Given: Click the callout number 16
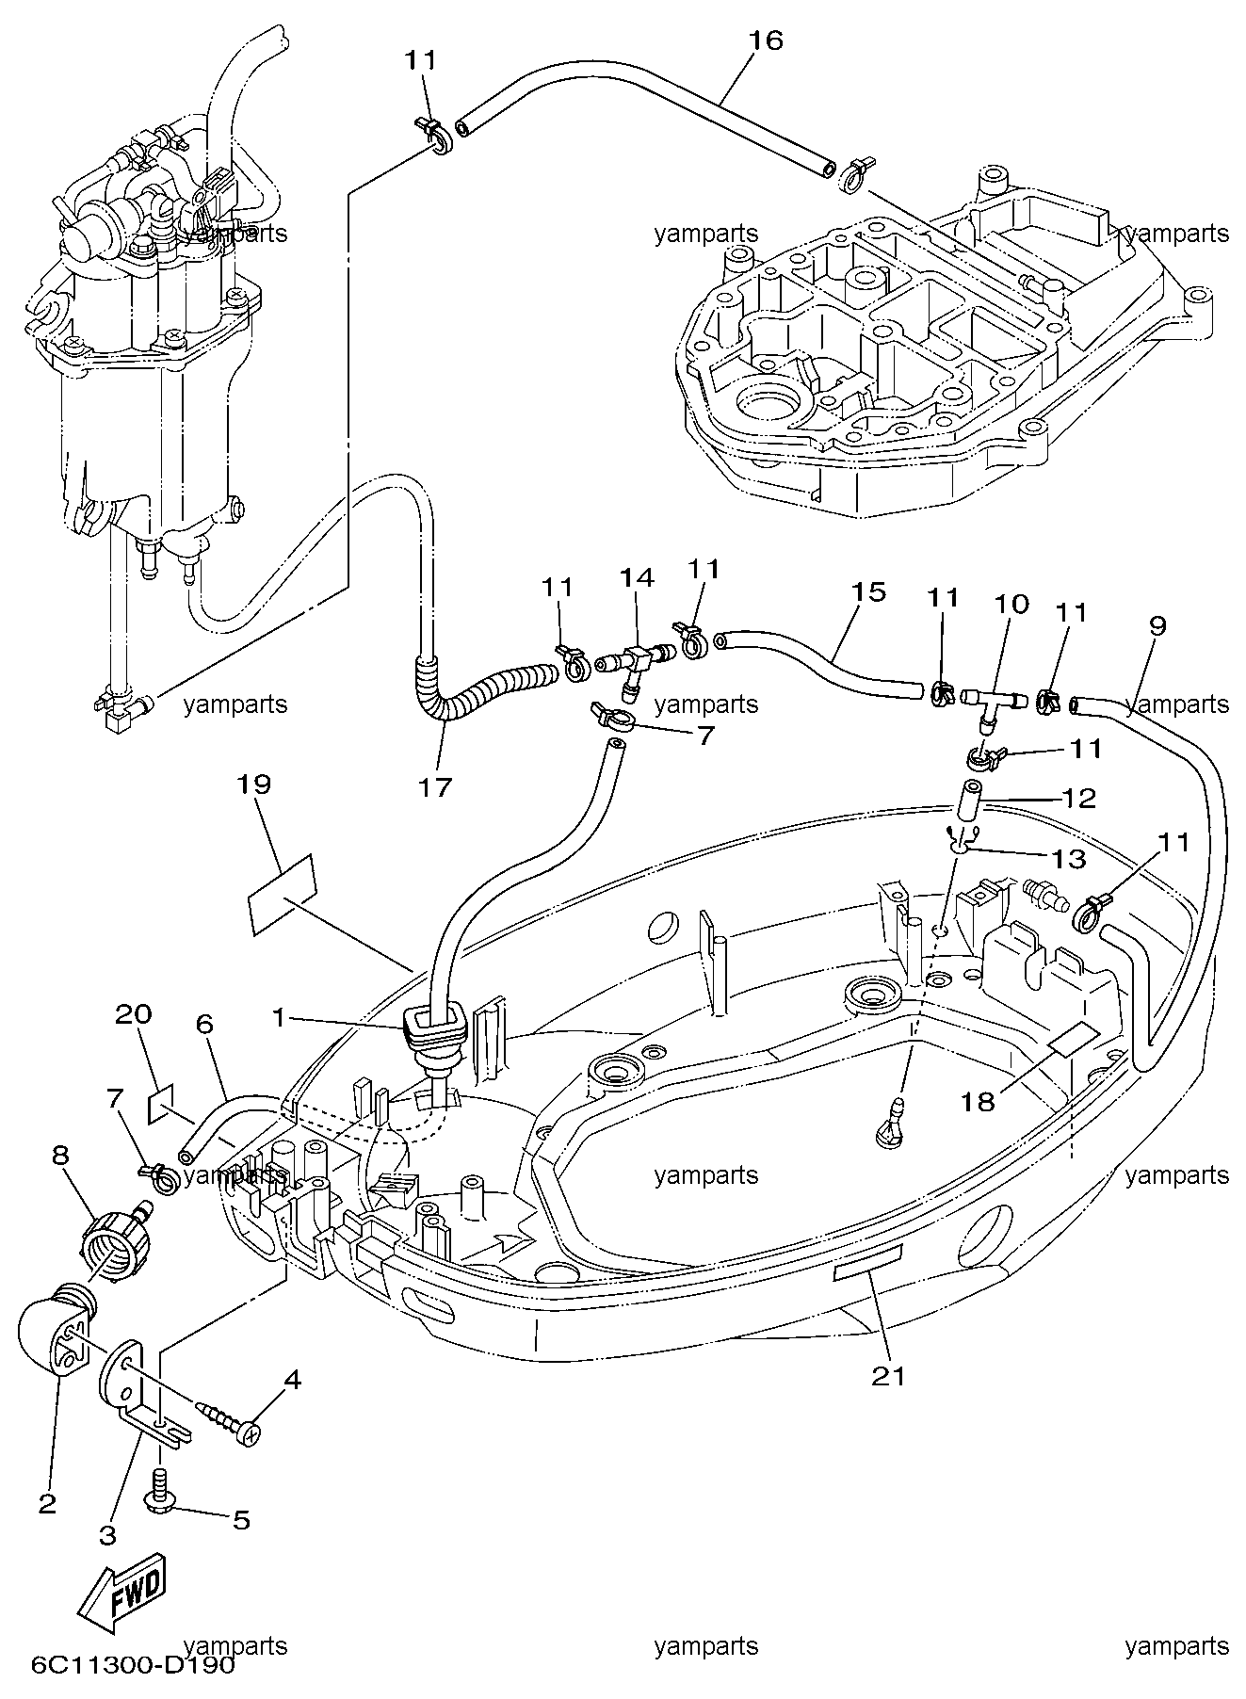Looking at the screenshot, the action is pos(766,40).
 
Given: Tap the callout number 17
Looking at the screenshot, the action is pos(437,787).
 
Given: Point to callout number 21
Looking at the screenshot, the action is pos(888,1376).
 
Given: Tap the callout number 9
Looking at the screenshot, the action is pos(1157,626).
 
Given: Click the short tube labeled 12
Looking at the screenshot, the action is pos(970,799).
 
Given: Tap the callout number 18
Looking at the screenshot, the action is pos(979,1101).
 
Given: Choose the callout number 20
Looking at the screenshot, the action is pos(133,1014).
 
